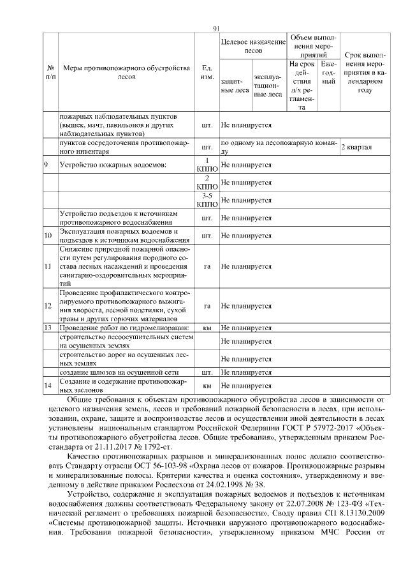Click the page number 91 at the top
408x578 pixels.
216,28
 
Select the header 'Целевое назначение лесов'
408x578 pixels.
253,46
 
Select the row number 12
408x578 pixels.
48,306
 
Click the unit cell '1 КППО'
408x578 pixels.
207,165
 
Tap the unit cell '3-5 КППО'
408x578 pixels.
207,200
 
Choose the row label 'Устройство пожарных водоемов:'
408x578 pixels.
113,165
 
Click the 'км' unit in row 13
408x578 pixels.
207,328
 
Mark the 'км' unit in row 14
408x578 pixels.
207,386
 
